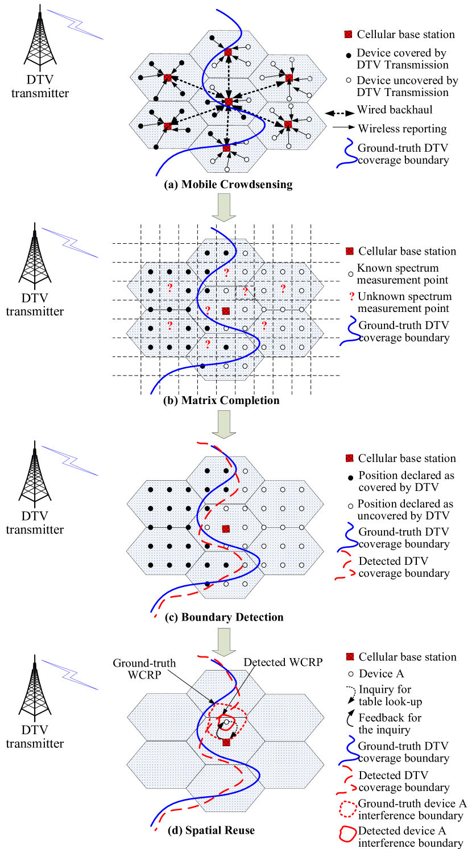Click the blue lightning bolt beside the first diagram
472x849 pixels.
point(75,24)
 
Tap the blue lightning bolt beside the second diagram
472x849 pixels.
point(69,243)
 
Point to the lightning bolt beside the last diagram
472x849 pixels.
point(70,675)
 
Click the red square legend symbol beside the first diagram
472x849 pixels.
point(348,34)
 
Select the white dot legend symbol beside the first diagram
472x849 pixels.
point(349,80)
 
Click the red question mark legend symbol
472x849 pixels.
point(351,296)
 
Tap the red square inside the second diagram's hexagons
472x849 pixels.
point(226,311)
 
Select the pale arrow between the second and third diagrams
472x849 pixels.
point(224,424)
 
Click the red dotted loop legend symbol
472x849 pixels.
point(348,809)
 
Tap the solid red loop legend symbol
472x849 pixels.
point(347,834)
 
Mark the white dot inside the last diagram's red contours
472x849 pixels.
point(226,722)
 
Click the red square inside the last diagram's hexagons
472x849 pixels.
point(226,742)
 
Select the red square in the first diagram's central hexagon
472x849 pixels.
point(229,102)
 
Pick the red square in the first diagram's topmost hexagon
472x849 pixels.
point(228,52)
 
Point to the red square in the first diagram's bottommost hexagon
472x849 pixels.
point(226,148)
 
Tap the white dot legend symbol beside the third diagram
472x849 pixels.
point(350,506)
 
